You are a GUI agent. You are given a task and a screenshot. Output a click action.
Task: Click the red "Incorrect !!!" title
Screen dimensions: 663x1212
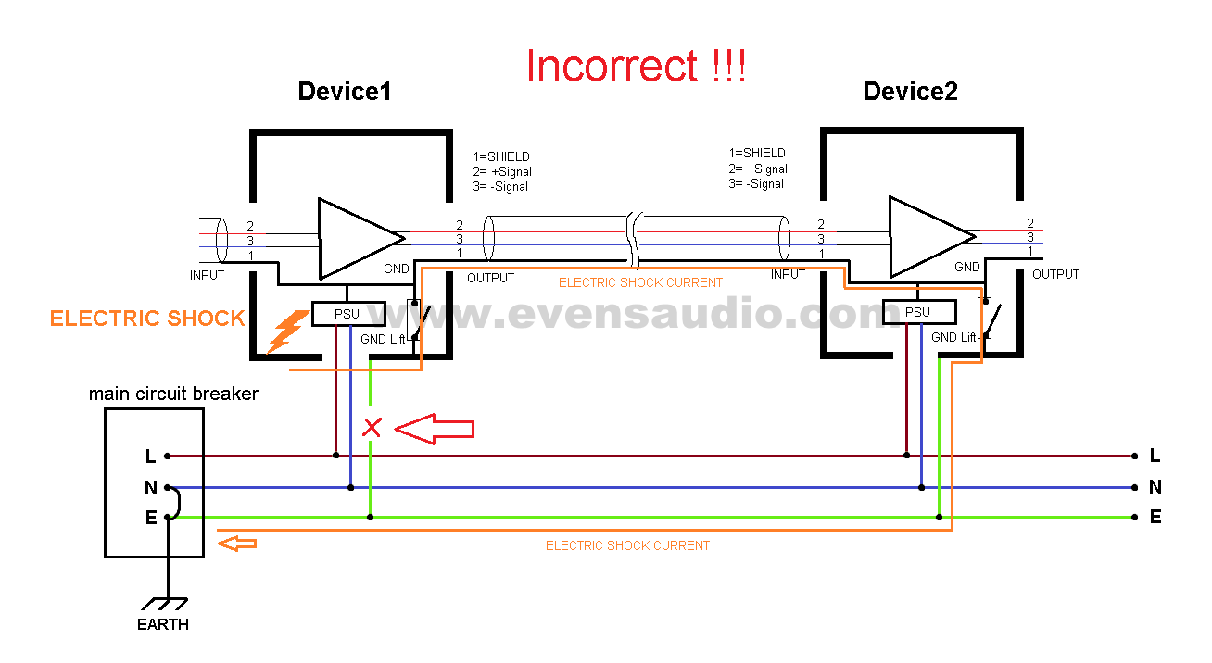tap(636, 67)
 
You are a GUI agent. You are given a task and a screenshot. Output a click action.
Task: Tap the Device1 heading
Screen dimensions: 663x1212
tap(344, 92)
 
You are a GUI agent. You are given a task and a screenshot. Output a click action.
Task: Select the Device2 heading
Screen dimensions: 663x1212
tap(910, 92)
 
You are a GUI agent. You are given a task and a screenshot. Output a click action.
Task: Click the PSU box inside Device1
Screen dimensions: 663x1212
tap(347, 314)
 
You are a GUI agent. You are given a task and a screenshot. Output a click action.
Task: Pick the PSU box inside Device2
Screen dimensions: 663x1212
tap(917, 312)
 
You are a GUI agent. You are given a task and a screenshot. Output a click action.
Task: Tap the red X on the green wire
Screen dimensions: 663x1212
tap(372, 428)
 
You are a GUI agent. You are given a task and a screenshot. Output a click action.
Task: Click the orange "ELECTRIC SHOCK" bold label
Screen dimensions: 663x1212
tap(147, 319)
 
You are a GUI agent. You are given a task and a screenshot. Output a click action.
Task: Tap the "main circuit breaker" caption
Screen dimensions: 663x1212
tap(173, 394)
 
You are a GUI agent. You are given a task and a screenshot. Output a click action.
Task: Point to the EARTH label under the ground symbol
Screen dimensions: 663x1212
tap(163, 624)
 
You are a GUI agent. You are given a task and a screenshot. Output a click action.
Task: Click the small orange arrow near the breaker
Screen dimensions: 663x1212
tap(237, 544)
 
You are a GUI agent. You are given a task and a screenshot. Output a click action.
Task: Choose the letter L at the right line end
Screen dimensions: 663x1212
tap(1155, 456)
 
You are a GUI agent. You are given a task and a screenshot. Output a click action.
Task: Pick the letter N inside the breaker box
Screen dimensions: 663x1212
tap(151, 487)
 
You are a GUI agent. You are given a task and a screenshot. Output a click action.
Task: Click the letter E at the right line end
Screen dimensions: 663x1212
tap(1155, 518)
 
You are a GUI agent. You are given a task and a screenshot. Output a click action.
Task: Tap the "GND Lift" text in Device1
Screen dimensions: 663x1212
tap(383, 339)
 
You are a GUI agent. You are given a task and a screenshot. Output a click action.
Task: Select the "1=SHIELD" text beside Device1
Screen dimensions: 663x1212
tap(501, 156)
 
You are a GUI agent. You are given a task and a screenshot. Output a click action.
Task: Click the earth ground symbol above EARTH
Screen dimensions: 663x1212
tap(168, 603)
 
